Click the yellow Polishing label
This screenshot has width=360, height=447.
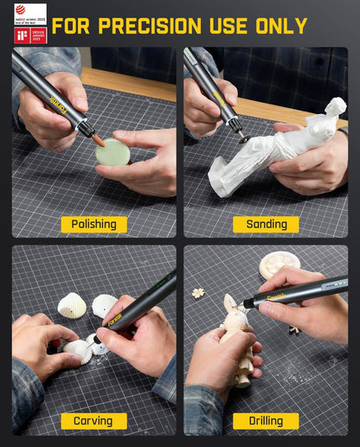pyautogui.click(x=93, y=224)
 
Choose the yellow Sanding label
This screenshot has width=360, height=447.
pyautogui.click(x=266, y=224)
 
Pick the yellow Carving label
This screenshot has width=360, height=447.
pyautogui.click(x=93, y=421)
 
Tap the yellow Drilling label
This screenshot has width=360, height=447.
pyautogui.click(x=266, y=421)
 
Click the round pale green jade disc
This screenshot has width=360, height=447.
pyautogui.click(x=112, y=153)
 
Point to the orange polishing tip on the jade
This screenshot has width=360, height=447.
pyautogui.click(x=99, y=139)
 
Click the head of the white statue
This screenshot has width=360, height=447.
pyautogui.click(x=334, y=108)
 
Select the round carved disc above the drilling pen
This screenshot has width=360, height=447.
pyautogui.click(x=279, y=264)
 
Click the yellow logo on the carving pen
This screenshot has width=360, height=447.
pyautogui.click(x=115, y=319)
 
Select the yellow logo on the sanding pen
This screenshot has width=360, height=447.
pyautogui.click(x=219, y=99)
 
